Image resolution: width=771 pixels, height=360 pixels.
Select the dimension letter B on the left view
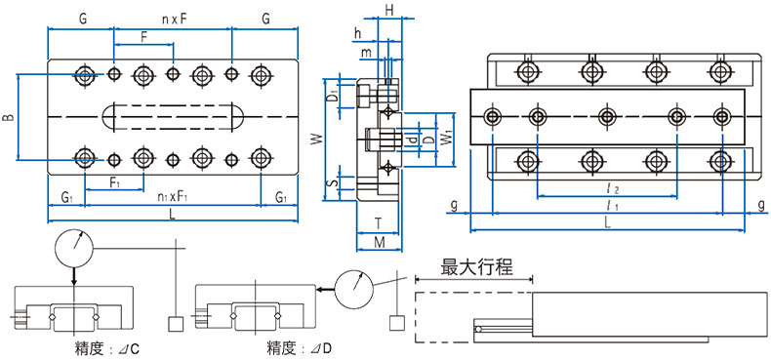8,118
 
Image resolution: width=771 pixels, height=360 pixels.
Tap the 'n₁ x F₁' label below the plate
172,197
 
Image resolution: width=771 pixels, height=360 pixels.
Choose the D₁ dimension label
332,97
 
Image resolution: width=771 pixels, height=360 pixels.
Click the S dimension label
332,181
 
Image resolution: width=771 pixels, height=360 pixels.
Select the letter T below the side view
377,223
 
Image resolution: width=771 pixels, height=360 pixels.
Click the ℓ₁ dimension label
610,206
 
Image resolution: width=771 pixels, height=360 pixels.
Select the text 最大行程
477,266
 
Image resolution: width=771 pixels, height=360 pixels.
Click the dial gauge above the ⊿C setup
74,246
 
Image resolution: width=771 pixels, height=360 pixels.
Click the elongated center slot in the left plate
172,115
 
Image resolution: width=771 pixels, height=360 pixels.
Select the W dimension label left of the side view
315,140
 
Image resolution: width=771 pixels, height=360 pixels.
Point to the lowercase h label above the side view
358,32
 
